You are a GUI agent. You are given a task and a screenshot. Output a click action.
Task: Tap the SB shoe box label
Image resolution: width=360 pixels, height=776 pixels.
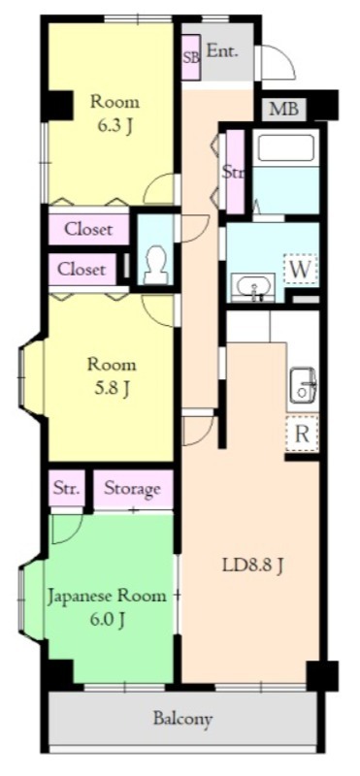coord(191,57)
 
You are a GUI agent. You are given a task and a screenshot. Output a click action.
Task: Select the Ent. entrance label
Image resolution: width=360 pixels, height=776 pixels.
coord(222,51)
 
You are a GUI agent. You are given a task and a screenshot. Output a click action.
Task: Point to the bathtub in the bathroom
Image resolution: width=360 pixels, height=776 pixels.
coord(286,147)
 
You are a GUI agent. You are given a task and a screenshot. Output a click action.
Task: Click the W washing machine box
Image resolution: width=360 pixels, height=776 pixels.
coord(301,270)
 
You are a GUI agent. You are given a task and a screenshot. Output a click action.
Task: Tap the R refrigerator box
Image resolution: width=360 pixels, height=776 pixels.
coord(302,434)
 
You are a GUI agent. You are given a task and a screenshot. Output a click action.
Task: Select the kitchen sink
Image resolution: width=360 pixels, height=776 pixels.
coord(304,384)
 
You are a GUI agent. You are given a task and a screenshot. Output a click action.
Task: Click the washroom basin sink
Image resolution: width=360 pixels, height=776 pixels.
coord(252,287)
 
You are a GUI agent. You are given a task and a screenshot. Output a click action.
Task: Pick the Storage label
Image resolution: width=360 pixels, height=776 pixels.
coord(133,489)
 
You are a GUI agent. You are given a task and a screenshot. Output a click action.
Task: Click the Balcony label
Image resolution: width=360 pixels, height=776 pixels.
coord(182,718)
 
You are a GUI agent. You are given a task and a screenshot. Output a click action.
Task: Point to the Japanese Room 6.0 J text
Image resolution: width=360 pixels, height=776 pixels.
coord(107,607)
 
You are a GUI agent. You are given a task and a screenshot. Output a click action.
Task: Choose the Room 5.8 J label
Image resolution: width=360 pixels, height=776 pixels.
coord(112,376)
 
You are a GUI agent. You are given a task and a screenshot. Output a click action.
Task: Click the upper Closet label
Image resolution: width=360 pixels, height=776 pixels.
coord(89,230)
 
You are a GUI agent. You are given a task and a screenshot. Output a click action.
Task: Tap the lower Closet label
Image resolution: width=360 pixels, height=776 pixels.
coord(82,270)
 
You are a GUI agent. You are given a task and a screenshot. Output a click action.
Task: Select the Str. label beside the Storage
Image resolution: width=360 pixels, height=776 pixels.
coord(67,490)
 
